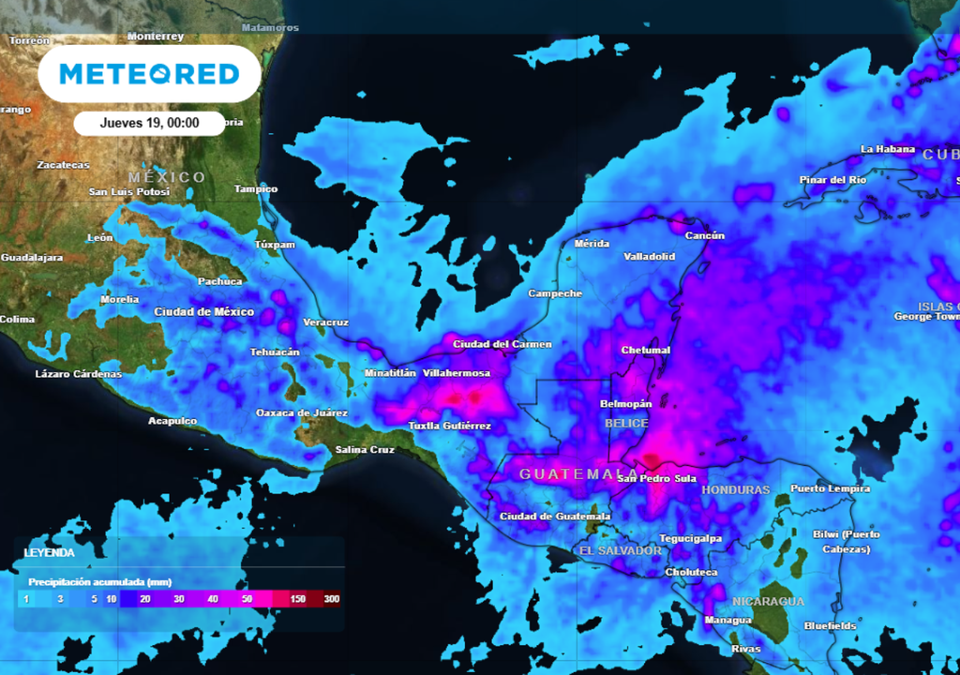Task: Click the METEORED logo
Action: pos(149,73)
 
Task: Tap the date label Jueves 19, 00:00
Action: pos(149,123)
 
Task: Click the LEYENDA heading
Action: pos(49,553)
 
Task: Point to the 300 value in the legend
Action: pos(331,598)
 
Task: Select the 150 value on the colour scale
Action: pos(298,598)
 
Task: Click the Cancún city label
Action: pos(705,235)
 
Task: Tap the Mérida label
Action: pos(592,243)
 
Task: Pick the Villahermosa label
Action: pos(457,373)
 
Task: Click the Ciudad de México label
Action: pos(203,311)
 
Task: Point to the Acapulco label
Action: pos(172,421)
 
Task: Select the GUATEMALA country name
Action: pos(572,473)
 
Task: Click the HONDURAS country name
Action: pos(735,489)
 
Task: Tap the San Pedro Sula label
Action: pos(656,479)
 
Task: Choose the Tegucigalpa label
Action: pos(690,538)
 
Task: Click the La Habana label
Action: pos(888,149)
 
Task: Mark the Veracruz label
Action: pos(326,322)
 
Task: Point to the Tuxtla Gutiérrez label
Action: pos(449,426)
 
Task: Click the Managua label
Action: pos(727,620)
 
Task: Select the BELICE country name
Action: pos(626,424)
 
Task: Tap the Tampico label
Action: pos(256,188)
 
